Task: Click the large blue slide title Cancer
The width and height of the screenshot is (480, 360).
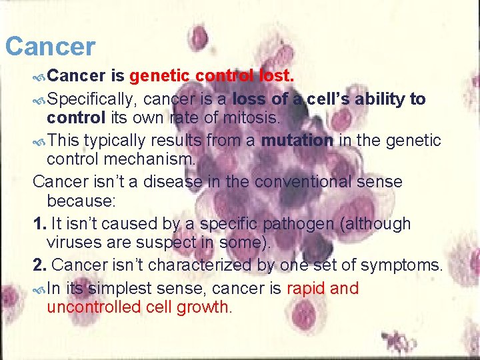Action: click(50, 47)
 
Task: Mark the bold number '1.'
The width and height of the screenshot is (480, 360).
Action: click(39, 223)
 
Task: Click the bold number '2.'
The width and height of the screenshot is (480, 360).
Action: click(39, 265)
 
